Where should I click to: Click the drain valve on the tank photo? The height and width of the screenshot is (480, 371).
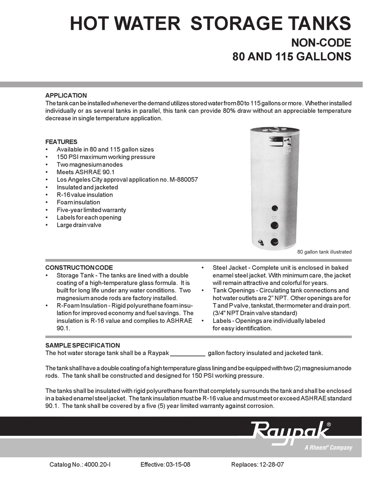pyautogui.click(x=261, y=242)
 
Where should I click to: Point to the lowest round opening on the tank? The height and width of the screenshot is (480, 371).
pyautogui.click(x=275, y=242)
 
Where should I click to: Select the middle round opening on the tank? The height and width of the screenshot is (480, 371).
pyautogui.click(x=275, y=225)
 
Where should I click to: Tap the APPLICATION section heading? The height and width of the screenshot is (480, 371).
pyautogui.click(x=66, y=96)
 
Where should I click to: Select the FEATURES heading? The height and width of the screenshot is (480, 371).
pyautogui.click(x=61, y=142)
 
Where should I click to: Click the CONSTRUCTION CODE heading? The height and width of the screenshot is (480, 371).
pyautogui.click(x=79, y=268)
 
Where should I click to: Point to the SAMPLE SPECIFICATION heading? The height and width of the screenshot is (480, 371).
pyautogui.click(x=82, y=345)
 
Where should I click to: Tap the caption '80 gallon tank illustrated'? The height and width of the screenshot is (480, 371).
pyautogui.click(x=324, y=252)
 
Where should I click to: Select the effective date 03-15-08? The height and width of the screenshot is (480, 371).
pyautogui.click(x=178, y=465)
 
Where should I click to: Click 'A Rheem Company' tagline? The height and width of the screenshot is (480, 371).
pyautogui.click(x=328, y=448)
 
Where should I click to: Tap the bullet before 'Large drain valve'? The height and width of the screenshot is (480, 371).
pyautogui.click(x=47, y=225)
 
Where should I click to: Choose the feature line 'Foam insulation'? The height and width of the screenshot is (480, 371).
pyautogui.click(x=78, y=203)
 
